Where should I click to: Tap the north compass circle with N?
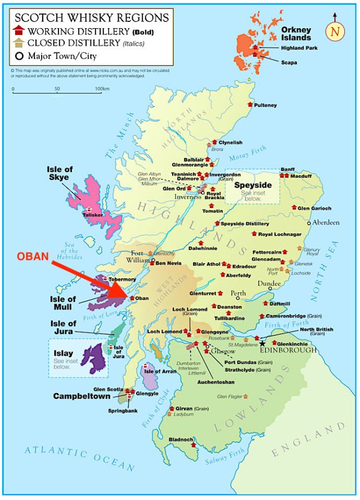pyautogui.click(x=335, y=32)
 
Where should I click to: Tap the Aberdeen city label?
pyautogui.click(x=326, y=222)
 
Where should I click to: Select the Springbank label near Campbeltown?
pyautogui.click(x=123, y=411)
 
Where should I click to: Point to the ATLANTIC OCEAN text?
pyautogui.click(x=79, y=458)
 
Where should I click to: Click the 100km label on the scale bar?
pyautogui.click(x=102, y=89)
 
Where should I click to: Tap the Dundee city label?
pyautogui.click(x=268, y=284)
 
